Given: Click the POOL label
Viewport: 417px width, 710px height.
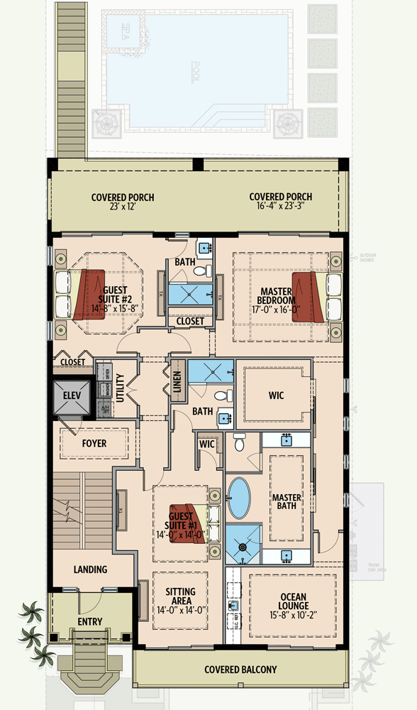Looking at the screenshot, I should (x=196, y=72).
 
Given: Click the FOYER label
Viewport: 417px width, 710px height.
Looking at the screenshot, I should (x=94, y=443).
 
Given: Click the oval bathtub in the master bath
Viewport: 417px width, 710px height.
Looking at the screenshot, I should (x=239, y=498).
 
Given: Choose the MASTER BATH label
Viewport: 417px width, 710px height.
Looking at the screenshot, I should (x=287, y=501).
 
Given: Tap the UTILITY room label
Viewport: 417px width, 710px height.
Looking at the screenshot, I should (x=120, y=388).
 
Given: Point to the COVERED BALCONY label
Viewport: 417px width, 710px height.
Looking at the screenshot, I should (x=240, y=669).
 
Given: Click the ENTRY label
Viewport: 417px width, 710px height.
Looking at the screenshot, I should (x=90, y=622).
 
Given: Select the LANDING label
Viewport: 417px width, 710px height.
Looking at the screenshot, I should (x=90, y=569).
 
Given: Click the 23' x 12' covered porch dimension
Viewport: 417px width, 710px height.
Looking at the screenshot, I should (x=122, y=207).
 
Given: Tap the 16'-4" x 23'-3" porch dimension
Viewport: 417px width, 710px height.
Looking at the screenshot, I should (x=280, y=207).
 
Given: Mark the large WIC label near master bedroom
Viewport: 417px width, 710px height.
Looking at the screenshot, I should (x=276, y=395).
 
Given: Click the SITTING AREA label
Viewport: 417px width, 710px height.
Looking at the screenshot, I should (x=180, y=596).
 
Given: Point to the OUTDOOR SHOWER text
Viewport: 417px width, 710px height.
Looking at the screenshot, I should (x=367, y=257).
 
